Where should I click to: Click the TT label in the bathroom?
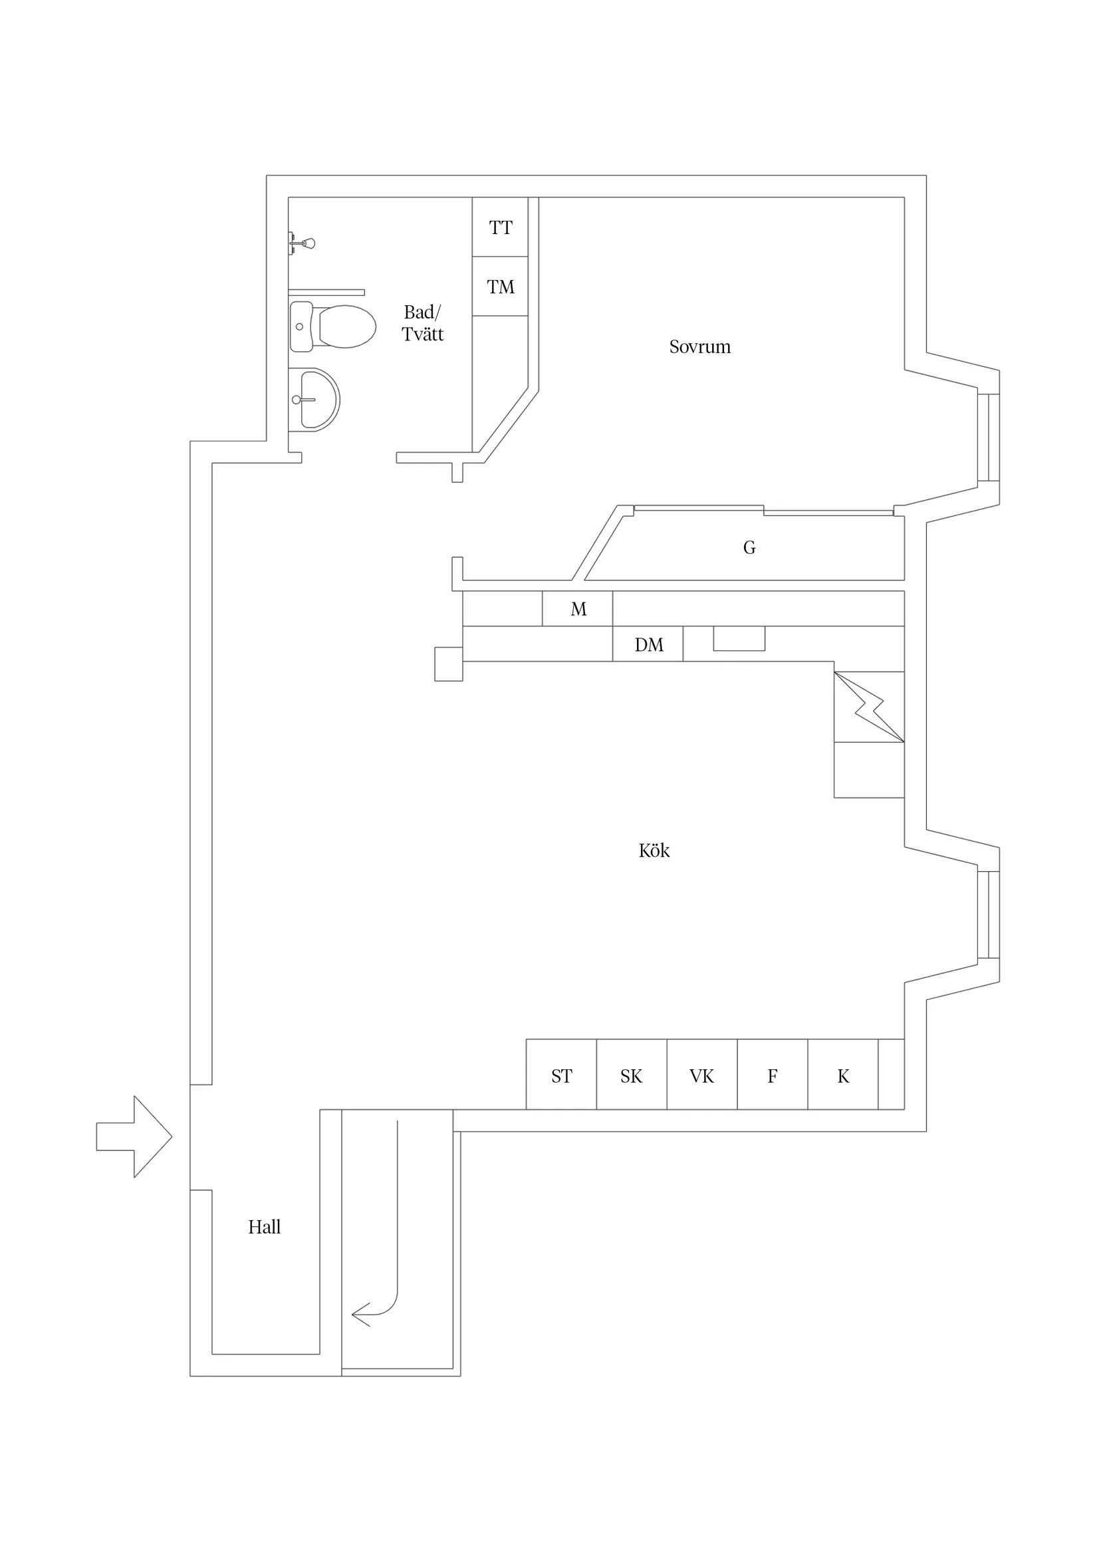[500, 228]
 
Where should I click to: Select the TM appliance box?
[500, 287]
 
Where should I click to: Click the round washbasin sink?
[316, 400]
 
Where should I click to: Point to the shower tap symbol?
[303, 243]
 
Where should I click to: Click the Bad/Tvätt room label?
[422, 323]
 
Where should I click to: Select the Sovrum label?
[699, 346]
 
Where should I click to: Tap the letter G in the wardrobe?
[749, 547]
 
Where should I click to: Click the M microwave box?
[578, 609]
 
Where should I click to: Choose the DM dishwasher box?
[648, 644]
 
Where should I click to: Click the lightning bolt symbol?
[869, 707]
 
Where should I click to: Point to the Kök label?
[654, 850]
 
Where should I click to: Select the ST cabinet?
[561, 1076]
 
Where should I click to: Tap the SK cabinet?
[632, 1076]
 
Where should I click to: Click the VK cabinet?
[701, 1076]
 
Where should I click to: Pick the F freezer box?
[772, 1076]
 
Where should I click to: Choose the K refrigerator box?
[843, 1076]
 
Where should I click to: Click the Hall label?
[265, 1227]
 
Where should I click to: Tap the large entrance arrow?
[135, 1136]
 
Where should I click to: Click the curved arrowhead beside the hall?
[361, 1314]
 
